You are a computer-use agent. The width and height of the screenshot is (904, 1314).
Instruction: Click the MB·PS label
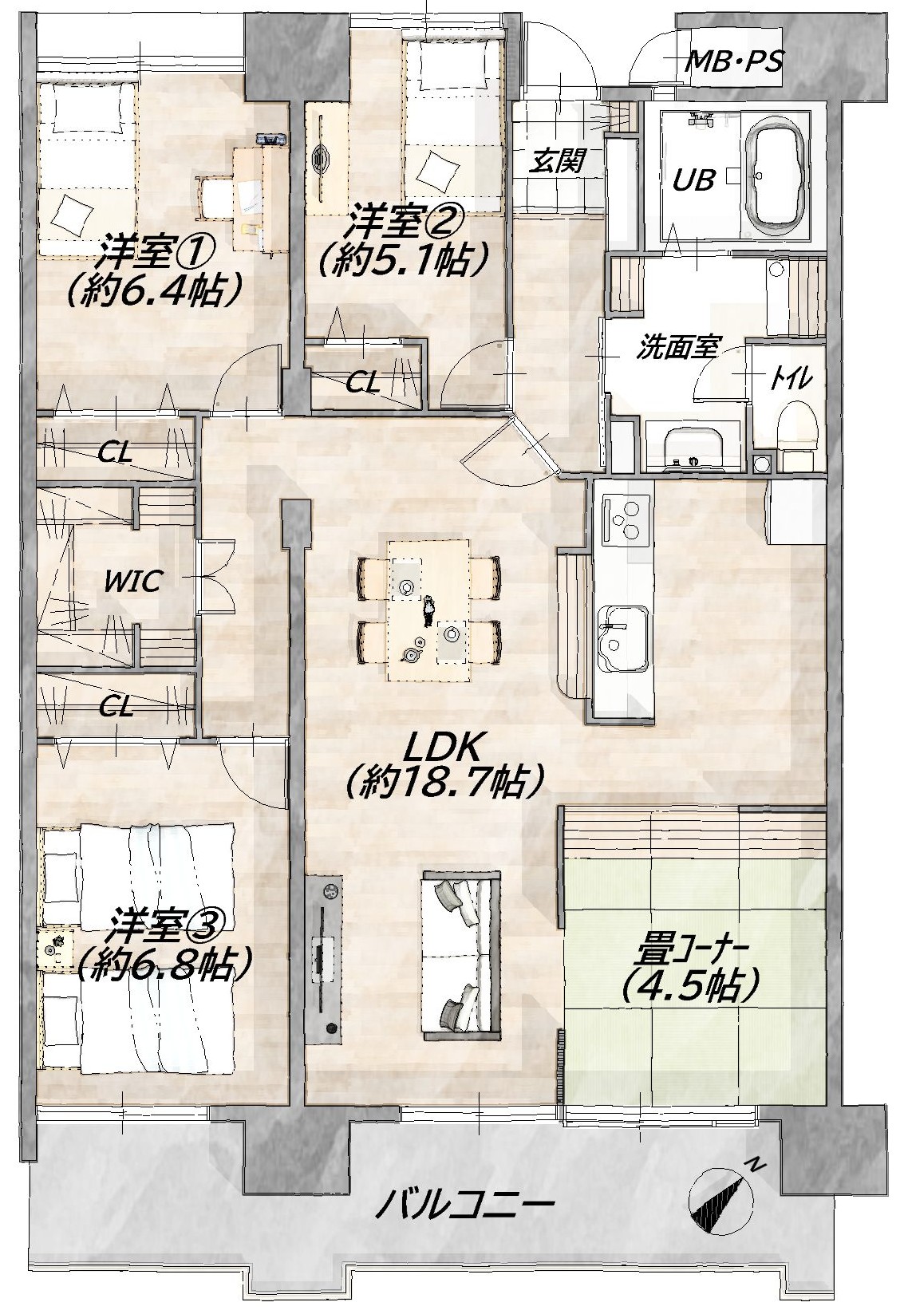coord(735,61)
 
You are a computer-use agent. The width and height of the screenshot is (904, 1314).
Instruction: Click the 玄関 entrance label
coord(556,160)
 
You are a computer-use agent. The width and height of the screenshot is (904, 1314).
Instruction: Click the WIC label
coord(132,582)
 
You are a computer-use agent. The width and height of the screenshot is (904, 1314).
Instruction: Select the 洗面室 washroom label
coord(678,349)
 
